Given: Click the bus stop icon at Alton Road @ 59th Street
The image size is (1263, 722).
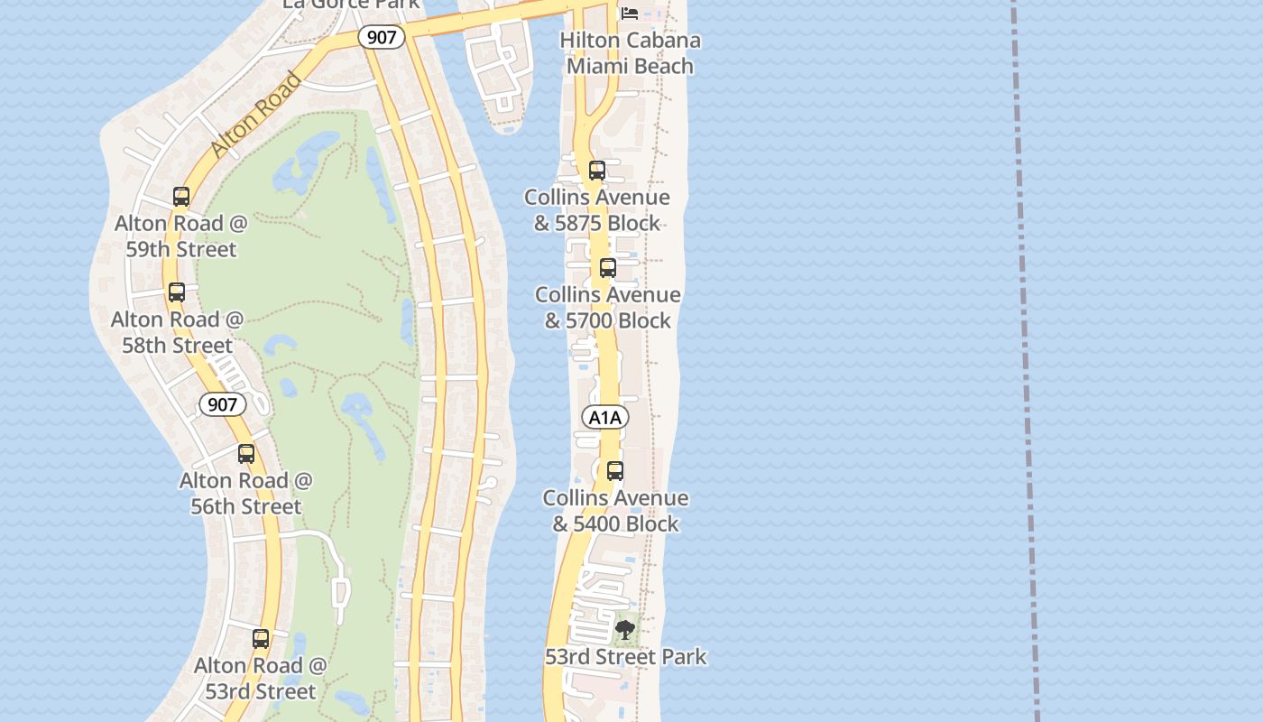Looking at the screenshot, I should coord(181,197).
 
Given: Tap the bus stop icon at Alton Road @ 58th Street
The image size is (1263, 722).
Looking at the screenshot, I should coord(177,292).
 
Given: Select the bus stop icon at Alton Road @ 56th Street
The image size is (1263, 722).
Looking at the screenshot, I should coord(246,454).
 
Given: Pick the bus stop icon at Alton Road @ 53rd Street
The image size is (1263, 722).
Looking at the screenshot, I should coord(261,639).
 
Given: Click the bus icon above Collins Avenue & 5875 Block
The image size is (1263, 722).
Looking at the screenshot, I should coord(596,171).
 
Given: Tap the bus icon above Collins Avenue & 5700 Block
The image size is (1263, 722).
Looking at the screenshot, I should coord(608,268).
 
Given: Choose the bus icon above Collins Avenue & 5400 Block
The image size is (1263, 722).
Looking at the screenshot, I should coord(615,471).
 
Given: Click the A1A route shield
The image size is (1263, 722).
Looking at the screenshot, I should coord(605,417).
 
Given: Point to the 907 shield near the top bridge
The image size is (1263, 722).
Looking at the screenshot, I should coord(381,37).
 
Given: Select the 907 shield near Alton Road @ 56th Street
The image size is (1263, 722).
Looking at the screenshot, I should coord(222,404).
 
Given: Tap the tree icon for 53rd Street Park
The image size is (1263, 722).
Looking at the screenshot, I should coord(624,630).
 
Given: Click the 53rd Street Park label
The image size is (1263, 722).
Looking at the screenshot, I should coord(625,657).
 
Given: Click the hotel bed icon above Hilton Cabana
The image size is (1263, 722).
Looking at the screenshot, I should coord(630,13).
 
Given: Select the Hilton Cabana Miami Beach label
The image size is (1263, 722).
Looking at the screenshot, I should coord(630,53).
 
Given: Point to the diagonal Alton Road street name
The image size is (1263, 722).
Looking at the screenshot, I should coord(256,115).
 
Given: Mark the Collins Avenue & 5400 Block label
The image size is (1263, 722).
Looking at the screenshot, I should coord(615,511).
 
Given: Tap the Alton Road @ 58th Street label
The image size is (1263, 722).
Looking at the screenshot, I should coord(177,332).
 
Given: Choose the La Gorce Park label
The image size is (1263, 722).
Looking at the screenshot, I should coord(351,4).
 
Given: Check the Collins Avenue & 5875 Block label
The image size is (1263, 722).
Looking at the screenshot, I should coord(596,210).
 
